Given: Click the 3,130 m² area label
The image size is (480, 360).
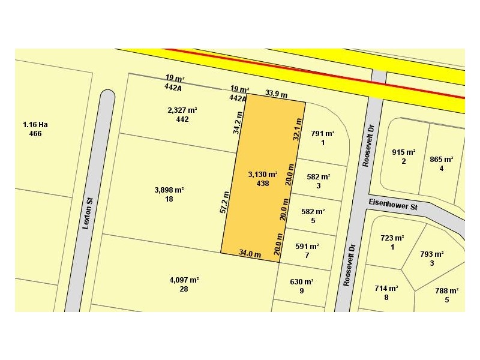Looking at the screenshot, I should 262,175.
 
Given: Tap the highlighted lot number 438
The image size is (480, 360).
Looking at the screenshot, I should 262,183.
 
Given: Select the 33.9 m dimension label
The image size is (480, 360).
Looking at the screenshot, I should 277,94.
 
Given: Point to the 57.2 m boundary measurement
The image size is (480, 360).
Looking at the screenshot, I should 224,202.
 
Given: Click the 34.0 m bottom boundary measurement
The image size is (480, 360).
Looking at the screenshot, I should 250,253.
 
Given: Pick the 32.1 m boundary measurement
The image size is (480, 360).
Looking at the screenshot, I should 296,128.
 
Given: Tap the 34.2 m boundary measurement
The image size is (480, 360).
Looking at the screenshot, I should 238,122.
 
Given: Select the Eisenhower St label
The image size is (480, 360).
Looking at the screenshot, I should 393,205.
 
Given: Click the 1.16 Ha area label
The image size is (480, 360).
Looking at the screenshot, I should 35,125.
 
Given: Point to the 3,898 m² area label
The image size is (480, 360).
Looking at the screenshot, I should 169,190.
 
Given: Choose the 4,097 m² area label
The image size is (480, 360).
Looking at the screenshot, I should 184,280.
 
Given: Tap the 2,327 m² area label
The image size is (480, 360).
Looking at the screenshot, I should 182,110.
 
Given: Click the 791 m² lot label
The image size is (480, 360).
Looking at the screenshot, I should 323,134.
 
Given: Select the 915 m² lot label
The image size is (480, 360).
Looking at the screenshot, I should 404,152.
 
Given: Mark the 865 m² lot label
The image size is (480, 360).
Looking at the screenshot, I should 442,160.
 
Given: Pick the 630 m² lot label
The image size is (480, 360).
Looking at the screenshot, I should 302,282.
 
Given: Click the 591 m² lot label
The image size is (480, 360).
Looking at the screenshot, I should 307,247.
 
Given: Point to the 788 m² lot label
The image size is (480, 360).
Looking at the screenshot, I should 447,291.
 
